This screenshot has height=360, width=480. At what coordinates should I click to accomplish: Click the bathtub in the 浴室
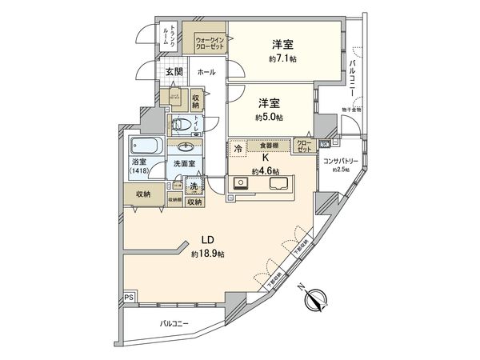coord(146,146)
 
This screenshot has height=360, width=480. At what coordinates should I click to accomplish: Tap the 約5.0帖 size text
coord(269,117)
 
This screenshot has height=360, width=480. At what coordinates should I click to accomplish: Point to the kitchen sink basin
coord(282,183)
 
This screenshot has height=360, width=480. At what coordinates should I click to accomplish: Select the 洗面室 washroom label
coord(185,164)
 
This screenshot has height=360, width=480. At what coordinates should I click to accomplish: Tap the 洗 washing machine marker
coord(193,186)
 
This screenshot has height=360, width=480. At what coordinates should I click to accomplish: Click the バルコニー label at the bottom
coord(174,325)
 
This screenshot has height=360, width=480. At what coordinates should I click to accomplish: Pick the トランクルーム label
coord(165,34)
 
